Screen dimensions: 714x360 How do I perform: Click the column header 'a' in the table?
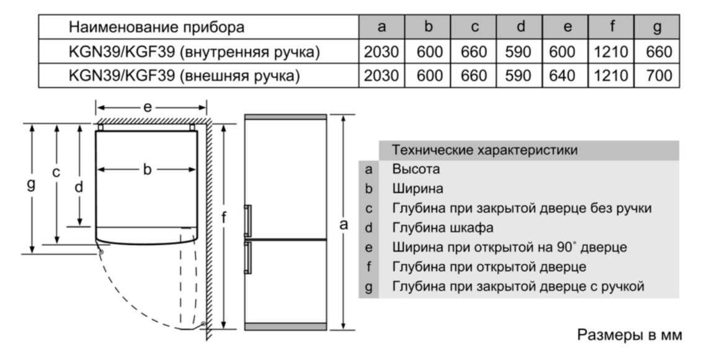click(x=382, y=27)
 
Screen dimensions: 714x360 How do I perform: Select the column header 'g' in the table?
click(x=657, y=27)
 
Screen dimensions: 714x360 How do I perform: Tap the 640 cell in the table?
click(x=562, y=76)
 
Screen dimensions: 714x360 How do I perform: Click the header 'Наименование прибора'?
click(x=157, y=27)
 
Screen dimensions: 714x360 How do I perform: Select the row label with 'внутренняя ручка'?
click(x=194, y=52)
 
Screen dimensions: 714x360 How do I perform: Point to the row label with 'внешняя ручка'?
click(x=184, y=76)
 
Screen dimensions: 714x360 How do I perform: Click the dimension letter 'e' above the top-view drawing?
click(x=147, y=107)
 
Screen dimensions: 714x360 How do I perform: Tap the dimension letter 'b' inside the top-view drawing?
click(x=146, y=169)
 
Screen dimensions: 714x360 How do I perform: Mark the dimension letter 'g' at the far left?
click(x=31, y=184)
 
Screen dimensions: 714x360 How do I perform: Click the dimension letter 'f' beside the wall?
click(x=223, y=218)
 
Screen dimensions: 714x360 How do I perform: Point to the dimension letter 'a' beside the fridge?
click(x=344, y=223)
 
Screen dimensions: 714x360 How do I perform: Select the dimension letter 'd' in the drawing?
click(x=79, y=186)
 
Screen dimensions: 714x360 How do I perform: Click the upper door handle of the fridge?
click(x=248, y=221)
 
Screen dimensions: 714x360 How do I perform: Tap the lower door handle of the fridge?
click(x=248, y=258)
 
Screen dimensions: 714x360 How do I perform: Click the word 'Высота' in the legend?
click(x=416, y=169)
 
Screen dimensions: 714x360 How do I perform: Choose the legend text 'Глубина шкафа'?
click(x=443, y=227)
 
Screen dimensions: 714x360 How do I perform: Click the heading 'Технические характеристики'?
click(x=484, y=150)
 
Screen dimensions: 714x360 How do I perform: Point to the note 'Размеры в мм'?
click(x=630, y=335)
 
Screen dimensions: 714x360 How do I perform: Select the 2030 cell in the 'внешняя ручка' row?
click(x=382, y=76)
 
